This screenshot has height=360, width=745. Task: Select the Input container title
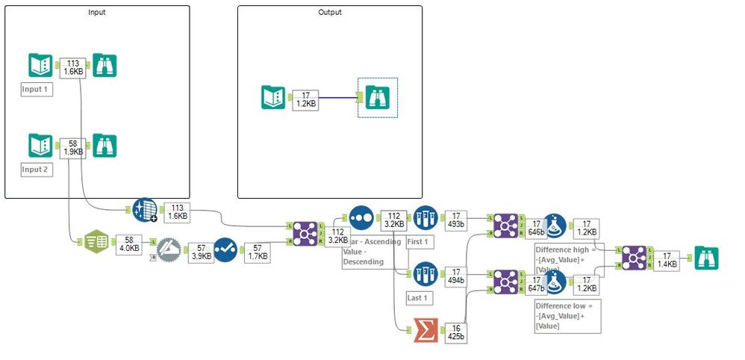[96, 13]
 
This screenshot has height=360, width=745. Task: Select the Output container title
[329, 13]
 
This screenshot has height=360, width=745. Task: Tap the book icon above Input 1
[40, 66]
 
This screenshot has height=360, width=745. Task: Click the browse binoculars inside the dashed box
[377, 98]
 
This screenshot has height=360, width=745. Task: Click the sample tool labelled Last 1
[425, 274]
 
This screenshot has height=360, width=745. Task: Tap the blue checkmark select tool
[225, 249]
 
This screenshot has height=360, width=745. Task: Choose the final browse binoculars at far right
[706, 257]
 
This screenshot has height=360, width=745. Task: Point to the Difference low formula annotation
[567, 317]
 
